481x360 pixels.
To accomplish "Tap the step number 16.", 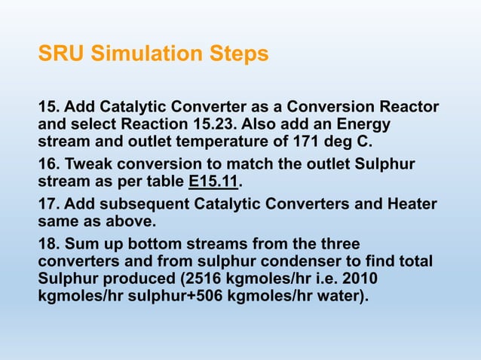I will click(x=50, y=164).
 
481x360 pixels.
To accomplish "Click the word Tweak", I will click(x=92, y=164).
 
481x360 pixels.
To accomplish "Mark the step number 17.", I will click(x=50, y=205).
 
